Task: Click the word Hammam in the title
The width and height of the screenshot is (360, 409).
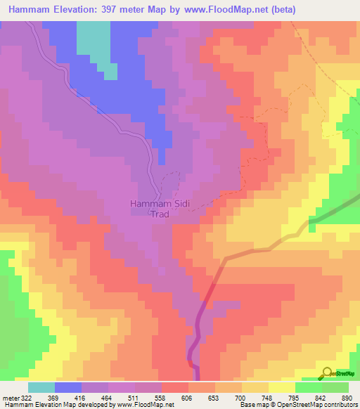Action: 31,9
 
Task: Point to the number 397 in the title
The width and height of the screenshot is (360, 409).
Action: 127,9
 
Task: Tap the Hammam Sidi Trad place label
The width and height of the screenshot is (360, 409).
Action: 160,209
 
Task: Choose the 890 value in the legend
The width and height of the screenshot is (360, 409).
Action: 345,398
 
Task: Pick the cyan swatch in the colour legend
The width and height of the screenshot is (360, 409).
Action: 41,387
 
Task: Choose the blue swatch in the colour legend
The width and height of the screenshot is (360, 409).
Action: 68,387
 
